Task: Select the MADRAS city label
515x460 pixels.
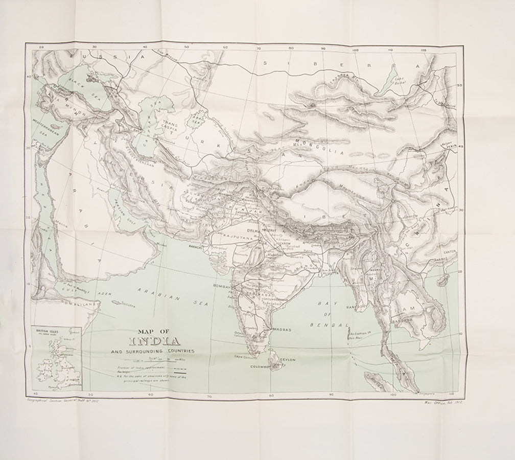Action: (x=282, y=330)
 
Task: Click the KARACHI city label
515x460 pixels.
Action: (x=197, y=246)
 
